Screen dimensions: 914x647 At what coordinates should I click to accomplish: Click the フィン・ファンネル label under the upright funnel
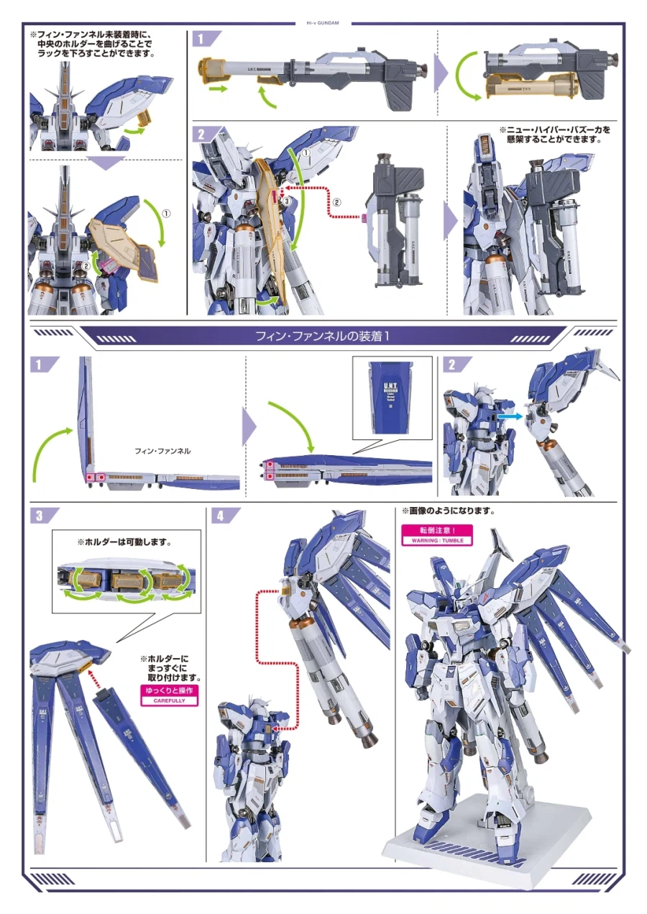163,451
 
